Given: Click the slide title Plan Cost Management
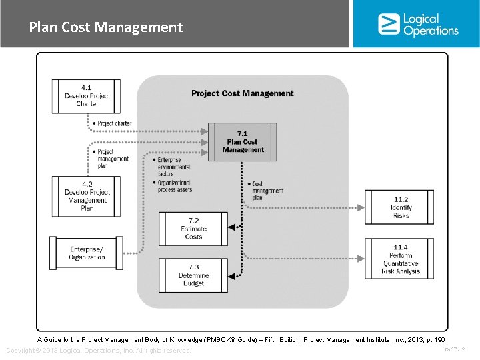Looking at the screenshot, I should point(105,27).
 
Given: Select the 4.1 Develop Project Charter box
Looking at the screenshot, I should point(87,96).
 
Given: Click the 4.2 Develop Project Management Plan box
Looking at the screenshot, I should point(87,197).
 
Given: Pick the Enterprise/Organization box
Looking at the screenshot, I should point(87,253).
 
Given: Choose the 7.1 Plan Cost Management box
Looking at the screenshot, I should point(243,142).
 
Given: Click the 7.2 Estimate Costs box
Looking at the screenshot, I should point(193,229).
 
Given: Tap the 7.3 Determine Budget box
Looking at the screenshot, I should point(193,275).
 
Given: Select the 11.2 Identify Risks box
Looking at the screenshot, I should point(400,207).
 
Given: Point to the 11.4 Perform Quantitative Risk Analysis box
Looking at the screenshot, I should point(400,259).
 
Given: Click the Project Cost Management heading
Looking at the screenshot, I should point(242,93).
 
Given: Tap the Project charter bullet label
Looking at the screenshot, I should point(113,123).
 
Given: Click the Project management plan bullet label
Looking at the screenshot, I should point(112,159).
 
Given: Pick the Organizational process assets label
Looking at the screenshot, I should point(175,186).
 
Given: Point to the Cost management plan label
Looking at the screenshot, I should point(266,191).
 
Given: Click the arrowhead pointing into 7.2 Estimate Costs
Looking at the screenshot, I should point(232,229).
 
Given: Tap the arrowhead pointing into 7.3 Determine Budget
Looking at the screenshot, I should point(232,275).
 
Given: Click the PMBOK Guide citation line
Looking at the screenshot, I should point(241,340).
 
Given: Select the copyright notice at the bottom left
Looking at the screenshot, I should point(98,351).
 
